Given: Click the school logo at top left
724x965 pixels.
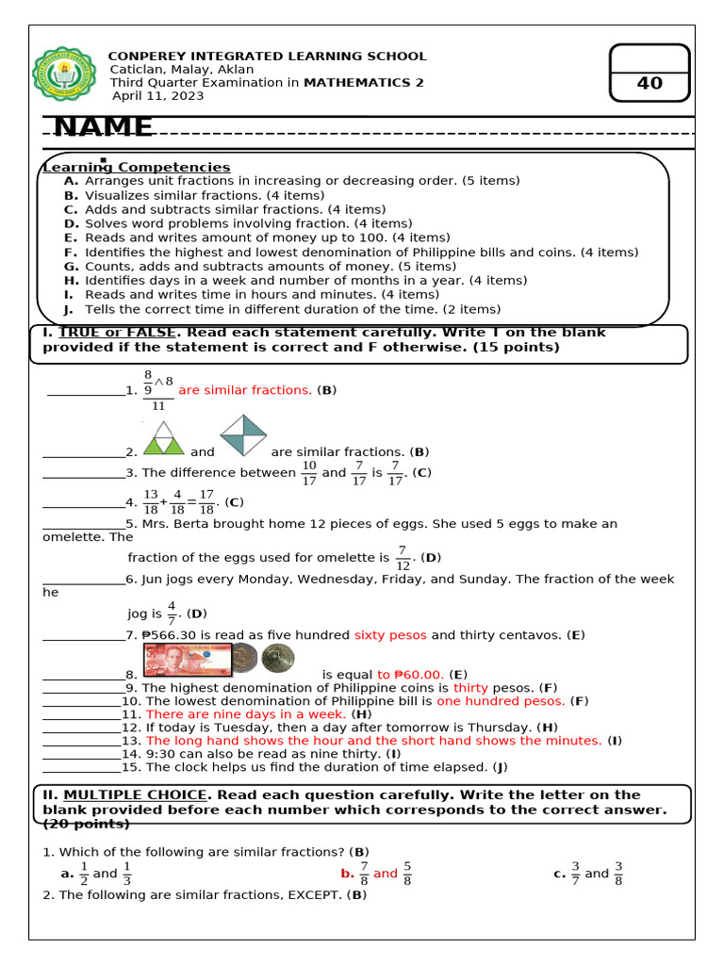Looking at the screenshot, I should [x=63, y=76].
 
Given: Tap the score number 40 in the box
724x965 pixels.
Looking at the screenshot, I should [x=650, y=83].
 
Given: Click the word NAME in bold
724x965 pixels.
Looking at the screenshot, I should [x=104, y=127].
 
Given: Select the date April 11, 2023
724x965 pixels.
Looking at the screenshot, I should [x=157, y=95].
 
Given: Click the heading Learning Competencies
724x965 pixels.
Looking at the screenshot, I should [x=137, y=167].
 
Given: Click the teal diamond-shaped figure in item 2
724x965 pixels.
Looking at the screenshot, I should [x=243, y=435].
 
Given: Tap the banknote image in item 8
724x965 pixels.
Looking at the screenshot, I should [x=186, y=660].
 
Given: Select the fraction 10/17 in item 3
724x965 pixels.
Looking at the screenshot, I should [x=308, y=473].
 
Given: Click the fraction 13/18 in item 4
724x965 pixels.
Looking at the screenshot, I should [x=151, y=502].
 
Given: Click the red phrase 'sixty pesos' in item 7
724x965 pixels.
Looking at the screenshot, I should [x=390, y=635].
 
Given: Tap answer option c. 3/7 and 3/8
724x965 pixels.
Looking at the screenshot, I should [x=588, y=874].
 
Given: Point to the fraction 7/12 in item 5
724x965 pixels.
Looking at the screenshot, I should [x=403, y=558].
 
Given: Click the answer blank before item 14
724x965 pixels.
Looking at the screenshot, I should [x=82, y=754].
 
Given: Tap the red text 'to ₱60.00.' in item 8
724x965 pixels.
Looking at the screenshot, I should [x=410, y=675].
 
